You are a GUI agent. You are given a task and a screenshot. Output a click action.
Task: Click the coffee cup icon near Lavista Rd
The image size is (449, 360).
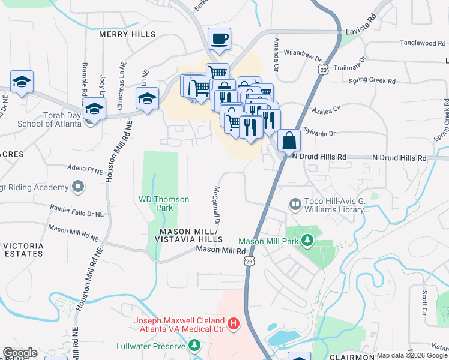tap(219, 40)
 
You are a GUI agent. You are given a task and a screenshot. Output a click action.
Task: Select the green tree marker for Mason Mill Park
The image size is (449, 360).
tap(307, 241)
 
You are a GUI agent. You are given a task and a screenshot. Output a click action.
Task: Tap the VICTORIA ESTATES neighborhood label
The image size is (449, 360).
tap(23, 250)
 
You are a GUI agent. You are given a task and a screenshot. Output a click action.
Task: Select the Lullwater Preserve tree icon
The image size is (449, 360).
tap(194, 346)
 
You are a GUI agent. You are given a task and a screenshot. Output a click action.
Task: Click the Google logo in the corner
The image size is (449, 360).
tap(20, 353)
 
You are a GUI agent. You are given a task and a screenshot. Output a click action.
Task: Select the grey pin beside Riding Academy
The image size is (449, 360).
tap(77, 188)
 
